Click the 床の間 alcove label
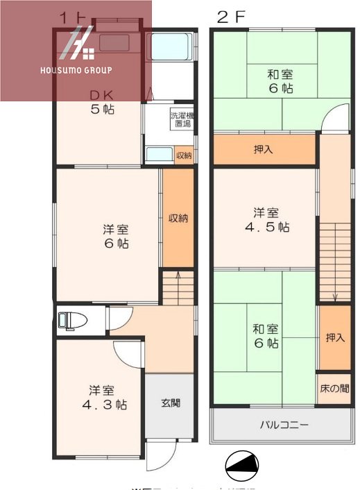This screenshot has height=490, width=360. pyautogui.click(x=334, y=389)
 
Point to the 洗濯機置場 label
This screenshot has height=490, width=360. pyautogui.click(x=182, y=119)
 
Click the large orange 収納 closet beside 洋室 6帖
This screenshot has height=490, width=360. pyautogui.click(x=178, y=218)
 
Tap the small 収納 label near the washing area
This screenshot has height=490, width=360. pyautogui.click(x=184, y=155)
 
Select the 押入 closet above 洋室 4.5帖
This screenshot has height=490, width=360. pyautogui.click(x=264, y=149)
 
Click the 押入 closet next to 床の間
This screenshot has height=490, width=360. pyautogui.click(x=335, y=337)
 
